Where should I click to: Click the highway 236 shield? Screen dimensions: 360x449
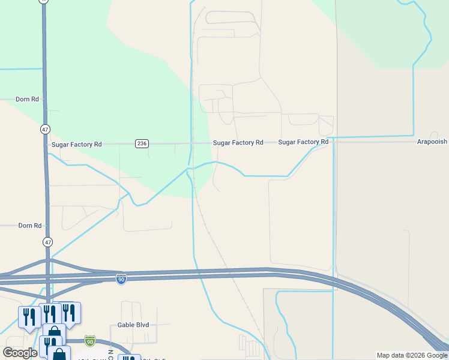tap(142, 143)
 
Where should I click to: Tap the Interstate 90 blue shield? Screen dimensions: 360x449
tap(121, 279)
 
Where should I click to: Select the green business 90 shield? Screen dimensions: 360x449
tap(90, 341)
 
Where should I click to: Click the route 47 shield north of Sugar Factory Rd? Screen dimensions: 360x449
tap(46, 129)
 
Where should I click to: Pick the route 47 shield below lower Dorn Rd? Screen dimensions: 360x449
tap(47, 241)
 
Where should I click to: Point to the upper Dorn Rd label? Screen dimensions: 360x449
tap(27, 99)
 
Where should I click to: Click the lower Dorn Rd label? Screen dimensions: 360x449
tap(30, 226)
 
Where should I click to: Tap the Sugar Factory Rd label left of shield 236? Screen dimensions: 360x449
tap(77, 145)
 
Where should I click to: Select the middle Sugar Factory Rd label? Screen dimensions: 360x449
tap(238, 143)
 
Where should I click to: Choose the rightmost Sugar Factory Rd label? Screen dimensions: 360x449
tap(303, 142)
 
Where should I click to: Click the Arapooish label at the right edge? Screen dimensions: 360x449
tap(432, 142)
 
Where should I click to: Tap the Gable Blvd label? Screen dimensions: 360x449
tap(133, 325)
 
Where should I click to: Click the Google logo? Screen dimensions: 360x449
tap(20, 353)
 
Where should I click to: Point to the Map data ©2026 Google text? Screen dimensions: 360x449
tap(411, 355)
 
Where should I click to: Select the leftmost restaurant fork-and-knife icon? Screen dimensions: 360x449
tap(28, 316)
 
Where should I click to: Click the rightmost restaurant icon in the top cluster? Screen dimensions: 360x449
tap(70, 312)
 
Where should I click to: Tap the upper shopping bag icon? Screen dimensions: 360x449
tap(53, 332)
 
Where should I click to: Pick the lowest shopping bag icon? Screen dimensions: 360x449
tap(59, 354)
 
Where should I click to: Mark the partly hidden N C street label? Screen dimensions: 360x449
tap(110, 354)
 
